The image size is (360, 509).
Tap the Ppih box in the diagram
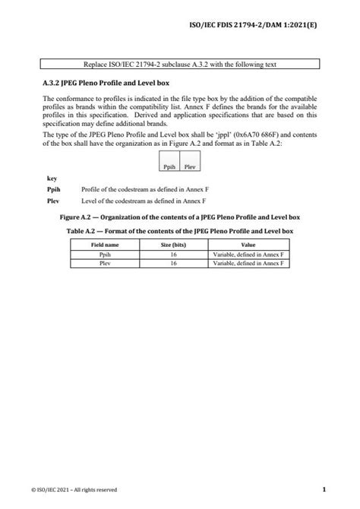click(169, 166)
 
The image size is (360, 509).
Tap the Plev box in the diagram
click(190, 166)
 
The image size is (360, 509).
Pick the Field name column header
click(105, 245)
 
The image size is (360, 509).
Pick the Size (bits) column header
click(174, 245)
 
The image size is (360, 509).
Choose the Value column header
click(248, 245)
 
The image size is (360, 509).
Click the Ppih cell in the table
click(105, 254)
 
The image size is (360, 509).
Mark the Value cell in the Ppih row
click(248, 254)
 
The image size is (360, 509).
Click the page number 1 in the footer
click(324, 489)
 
